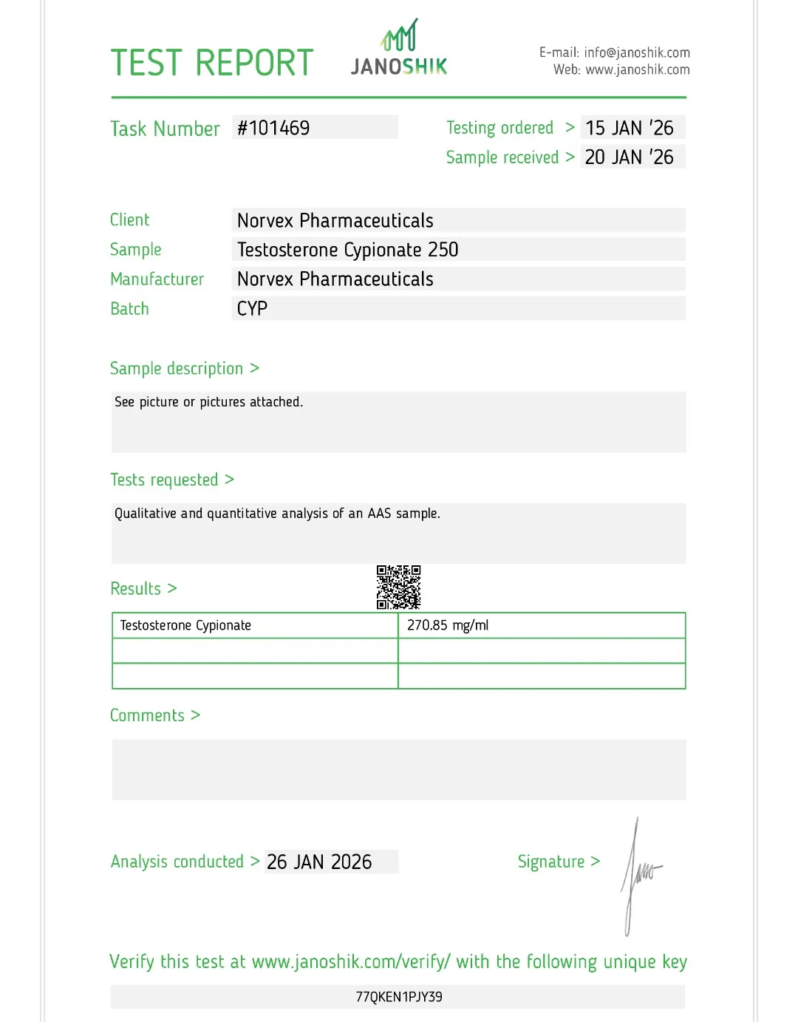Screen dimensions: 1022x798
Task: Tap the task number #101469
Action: pyautogui.click(x=273, y=128)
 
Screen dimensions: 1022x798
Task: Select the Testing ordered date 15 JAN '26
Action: pyautogui.click(x=630, y=128)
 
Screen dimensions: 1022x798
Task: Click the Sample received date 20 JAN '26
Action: pyautogui.click(x=630, y=157)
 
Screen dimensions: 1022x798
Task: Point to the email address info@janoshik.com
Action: pyautogui.click(x=637, y=52)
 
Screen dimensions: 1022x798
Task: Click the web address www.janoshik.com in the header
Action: pyautogui.click(x=638, y=69)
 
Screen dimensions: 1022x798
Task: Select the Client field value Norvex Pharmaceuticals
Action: pyautogui.click(x=335, y=220)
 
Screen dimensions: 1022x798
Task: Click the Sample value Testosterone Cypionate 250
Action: pyautogui.click(x=348, y=250)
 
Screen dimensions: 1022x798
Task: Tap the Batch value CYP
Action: pyautogui.click(x=252, y=309)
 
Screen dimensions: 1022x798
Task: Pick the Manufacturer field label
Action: pyautogui.click(x=157, y=279)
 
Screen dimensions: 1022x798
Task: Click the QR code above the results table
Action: pyautogui.click(x=398, y=587)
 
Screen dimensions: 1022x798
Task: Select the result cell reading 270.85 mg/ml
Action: pyautogui.click(x=448, y=625)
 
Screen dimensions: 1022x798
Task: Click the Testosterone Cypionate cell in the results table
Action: pyautogui.click(x=185, y=625)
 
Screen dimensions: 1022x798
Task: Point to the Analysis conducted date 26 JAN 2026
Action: pyautogui.click(x=319, y=862)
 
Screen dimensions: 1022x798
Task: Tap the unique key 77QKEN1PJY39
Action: pyautogui.click(x=399, y=997)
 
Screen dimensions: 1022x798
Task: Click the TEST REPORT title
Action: pyautogui.click(x=212, y=63)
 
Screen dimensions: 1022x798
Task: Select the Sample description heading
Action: pyautogui.click(x=177, y=368)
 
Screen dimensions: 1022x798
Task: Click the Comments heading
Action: pyautogui.click(x=148, y=715)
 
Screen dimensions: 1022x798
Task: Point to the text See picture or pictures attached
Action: pyautogui.click(x=208, y=402)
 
